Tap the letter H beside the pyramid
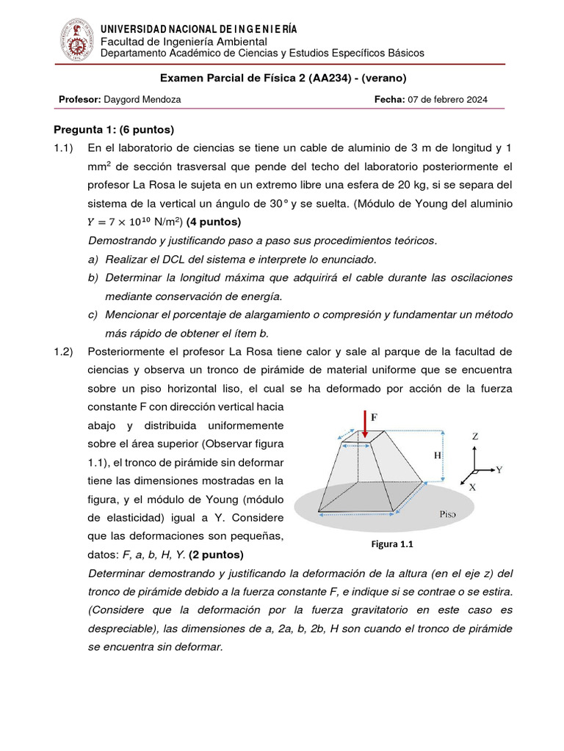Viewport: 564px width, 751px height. pyautogui.click(x=437, y=455)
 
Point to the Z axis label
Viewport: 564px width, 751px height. pyautogui.click(x=475, y=436)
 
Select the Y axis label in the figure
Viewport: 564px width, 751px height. pyautogui.click(x=499, y=469)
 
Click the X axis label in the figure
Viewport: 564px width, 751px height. pyautogui.click(x=471, y=486)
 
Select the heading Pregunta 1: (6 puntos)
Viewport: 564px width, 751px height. pyautogui.click(x=113, y=130)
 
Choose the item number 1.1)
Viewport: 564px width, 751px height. pyautogui.click(x=65, y=148)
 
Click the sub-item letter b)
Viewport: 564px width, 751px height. pyautogui.click(x=93, y=277)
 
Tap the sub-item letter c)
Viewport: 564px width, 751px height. pyautogui.click(x=93, y=314)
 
